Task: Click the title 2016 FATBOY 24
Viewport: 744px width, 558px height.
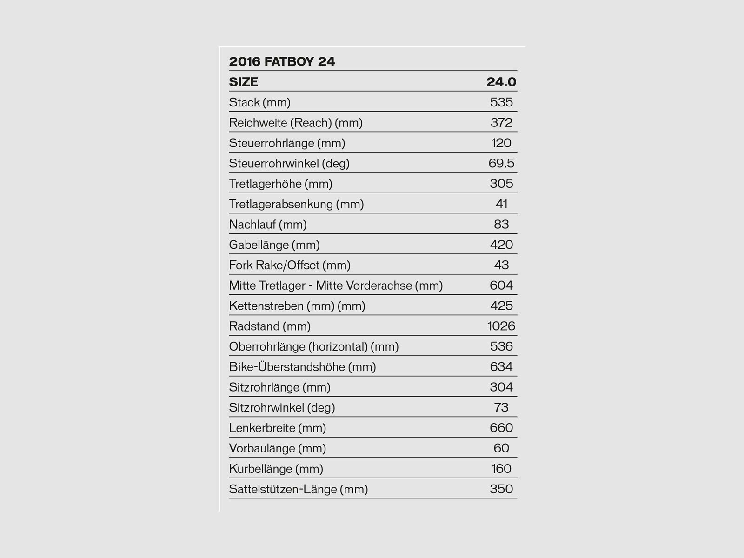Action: [282, 61]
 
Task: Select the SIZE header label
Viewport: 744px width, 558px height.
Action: [243, 82]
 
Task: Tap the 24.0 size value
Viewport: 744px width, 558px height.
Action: [501, 82]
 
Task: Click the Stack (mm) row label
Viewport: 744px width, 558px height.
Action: [259, 102]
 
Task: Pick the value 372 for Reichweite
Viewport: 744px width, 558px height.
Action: [501, 123]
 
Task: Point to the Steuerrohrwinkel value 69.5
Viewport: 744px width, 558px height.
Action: [501, 163]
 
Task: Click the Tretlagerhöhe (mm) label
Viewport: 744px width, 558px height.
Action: [280, 184]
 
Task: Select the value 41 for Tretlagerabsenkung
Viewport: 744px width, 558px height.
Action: [501, 204]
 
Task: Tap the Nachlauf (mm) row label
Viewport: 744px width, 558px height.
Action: [268, 225]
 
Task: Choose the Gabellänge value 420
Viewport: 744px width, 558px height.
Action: [501, 245]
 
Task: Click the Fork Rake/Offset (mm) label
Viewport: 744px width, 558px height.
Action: [290, 265]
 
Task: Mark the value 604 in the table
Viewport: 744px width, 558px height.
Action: [501, 286]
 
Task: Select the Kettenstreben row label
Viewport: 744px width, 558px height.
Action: [297, 306]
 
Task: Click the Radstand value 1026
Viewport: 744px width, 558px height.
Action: [501, 326]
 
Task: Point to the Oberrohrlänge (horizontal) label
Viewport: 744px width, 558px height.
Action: [314, 346]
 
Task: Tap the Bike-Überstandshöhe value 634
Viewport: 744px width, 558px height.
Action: [501, 367]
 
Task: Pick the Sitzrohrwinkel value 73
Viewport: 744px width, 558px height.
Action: [501, 407]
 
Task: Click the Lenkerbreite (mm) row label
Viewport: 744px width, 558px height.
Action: [278, 428]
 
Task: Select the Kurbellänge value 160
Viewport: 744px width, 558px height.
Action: [501, 469]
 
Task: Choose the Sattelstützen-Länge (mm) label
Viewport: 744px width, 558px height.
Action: [299, 489]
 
